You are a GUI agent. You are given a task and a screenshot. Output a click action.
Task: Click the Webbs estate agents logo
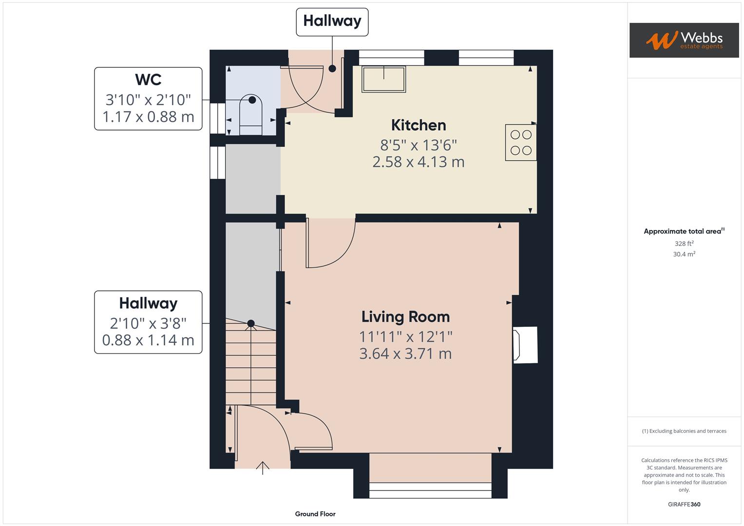coord(684,40)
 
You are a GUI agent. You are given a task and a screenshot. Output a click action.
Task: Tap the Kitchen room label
coord(419,125)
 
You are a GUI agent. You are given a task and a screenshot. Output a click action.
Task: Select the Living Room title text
coord(405,317)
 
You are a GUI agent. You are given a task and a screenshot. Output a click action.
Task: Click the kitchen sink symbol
coord(383,79)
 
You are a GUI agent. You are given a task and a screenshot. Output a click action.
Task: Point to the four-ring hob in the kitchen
coord(521,143)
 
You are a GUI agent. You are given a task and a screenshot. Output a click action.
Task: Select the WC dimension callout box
coord(148,99)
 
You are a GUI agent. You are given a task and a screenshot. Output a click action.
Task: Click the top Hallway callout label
coord(332,21)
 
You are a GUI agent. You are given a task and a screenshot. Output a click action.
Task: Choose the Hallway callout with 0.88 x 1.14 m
coord(148,322)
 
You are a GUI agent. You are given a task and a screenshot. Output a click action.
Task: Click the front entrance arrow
coord(263,468)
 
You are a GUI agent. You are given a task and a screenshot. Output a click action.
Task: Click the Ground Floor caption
coord(315,514)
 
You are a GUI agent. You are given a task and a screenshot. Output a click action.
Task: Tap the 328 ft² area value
coord(684,244)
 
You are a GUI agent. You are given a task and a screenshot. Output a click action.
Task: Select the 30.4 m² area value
coord(684,254)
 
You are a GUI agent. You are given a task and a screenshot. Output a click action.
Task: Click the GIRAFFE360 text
coord(684,504)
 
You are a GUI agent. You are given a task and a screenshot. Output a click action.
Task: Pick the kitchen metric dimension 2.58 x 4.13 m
coord(419,162)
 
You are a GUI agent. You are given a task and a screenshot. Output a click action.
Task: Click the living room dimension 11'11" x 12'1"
coord(405,337)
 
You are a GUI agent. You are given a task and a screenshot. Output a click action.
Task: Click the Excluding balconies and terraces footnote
coord(684,431)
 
